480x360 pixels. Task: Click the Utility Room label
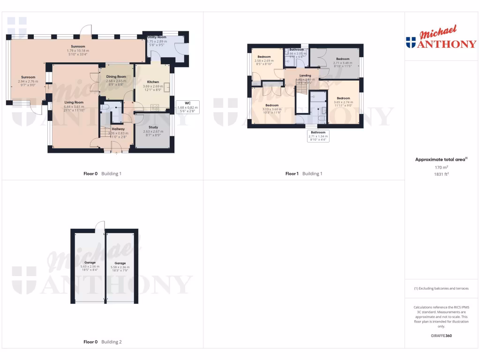tap(157, 37)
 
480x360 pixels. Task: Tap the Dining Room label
tap(116, 76)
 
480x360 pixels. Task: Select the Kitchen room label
tap(153, 82)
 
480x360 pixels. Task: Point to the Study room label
tap(153, 127)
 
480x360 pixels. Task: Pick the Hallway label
tap(118, 129)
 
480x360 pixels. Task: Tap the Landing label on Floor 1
tap(305, 75)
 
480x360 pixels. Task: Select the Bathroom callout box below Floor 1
tap(317, 136)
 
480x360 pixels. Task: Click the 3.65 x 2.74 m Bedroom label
tap(343, 98)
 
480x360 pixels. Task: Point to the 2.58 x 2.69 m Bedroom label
tap(264, 57)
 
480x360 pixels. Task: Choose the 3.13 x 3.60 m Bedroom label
tap(272, 105)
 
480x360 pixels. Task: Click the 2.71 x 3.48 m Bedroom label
tap(343, 59)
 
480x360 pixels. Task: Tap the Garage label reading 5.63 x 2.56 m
tap(90, 262)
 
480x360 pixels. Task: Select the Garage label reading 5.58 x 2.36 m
tap(120, 263)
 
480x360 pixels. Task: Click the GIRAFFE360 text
tap(441, 336)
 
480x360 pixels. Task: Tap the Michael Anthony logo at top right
tap(441, 39)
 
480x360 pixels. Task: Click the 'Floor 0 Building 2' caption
tap(102, 342)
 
